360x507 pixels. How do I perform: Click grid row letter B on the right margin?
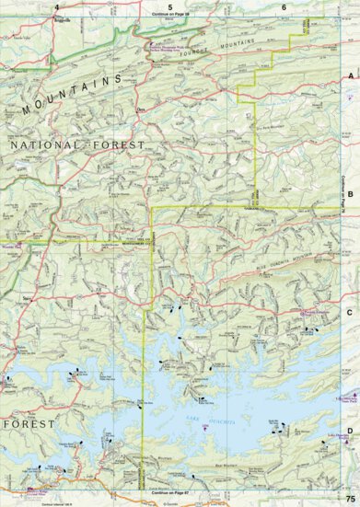(x=350, y=194)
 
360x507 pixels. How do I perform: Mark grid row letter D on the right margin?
(x=350, y=427)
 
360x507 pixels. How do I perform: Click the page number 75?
(x=350, y=498)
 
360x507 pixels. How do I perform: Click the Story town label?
(x=28, y=298)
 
